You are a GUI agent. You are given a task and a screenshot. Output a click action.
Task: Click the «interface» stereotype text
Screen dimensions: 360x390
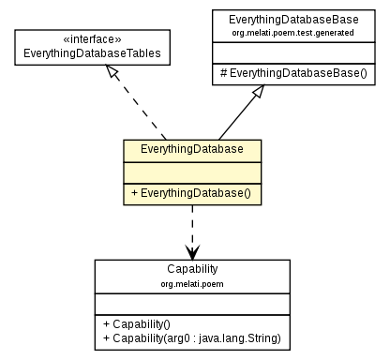point(91,39)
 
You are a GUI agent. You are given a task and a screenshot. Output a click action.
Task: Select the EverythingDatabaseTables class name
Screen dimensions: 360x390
point(91,53)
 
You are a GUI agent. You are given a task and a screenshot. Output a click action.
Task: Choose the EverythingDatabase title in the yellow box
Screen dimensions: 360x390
point(191,149)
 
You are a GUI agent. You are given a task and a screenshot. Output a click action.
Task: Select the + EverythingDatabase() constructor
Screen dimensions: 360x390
point(191,194)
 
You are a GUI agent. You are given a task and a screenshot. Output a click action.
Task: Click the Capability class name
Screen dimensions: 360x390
point(192,268)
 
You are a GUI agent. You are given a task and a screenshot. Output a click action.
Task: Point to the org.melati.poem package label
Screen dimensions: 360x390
point(192,281)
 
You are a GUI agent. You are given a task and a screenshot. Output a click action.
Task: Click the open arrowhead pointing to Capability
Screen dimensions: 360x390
point(192,252)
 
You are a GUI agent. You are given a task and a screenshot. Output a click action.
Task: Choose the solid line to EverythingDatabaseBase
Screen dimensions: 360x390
point(239,117)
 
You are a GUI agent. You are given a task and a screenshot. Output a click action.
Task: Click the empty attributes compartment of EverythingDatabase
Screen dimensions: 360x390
point(191,171)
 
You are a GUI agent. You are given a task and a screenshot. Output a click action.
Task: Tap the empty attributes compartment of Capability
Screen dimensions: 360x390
point(192,301)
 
